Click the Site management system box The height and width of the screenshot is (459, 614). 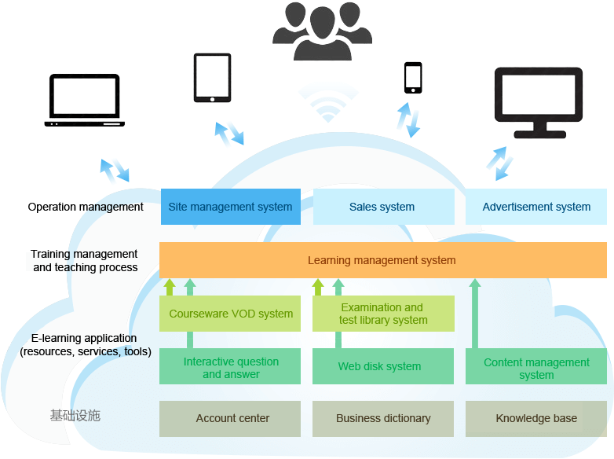coord(230,207)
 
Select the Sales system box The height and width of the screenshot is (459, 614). coord(382,207)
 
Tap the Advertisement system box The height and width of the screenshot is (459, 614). coord(536,207)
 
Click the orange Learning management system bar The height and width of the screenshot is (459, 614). coord(382,260)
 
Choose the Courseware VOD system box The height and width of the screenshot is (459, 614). coord(230,314)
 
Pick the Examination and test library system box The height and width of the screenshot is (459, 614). coord(382,314)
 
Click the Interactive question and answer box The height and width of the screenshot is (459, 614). coord(230,367)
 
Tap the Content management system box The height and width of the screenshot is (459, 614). coord(536,367)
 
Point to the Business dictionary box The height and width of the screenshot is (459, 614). coord(382,418)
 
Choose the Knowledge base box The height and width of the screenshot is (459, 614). coord(536,418)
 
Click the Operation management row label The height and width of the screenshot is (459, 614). coord(86,207)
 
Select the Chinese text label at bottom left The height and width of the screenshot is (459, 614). coord(75,416)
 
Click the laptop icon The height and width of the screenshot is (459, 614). coord(85,101)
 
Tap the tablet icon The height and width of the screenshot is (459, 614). coord(212,78)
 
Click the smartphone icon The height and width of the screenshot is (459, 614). coord(413,78)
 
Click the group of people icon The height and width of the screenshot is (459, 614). coord(322,31)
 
